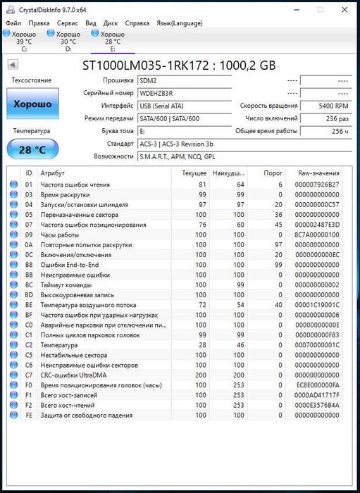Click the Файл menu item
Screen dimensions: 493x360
(13, 23)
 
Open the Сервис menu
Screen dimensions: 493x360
(68, 23)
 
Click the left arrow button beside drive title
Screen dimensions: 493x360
(13, 65)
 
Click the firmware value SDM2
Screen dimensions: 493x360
(148, 80)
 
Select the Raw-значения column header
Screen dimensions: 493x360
(318, 173)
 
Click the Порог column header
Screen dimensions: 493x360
(273, 173)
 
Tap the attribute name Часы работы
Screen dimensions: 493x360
(59, 235)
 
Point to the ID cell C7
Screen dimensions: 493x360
(29, 375)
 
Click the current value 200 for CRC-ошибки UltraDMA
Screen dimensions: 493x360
(200, 375)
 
